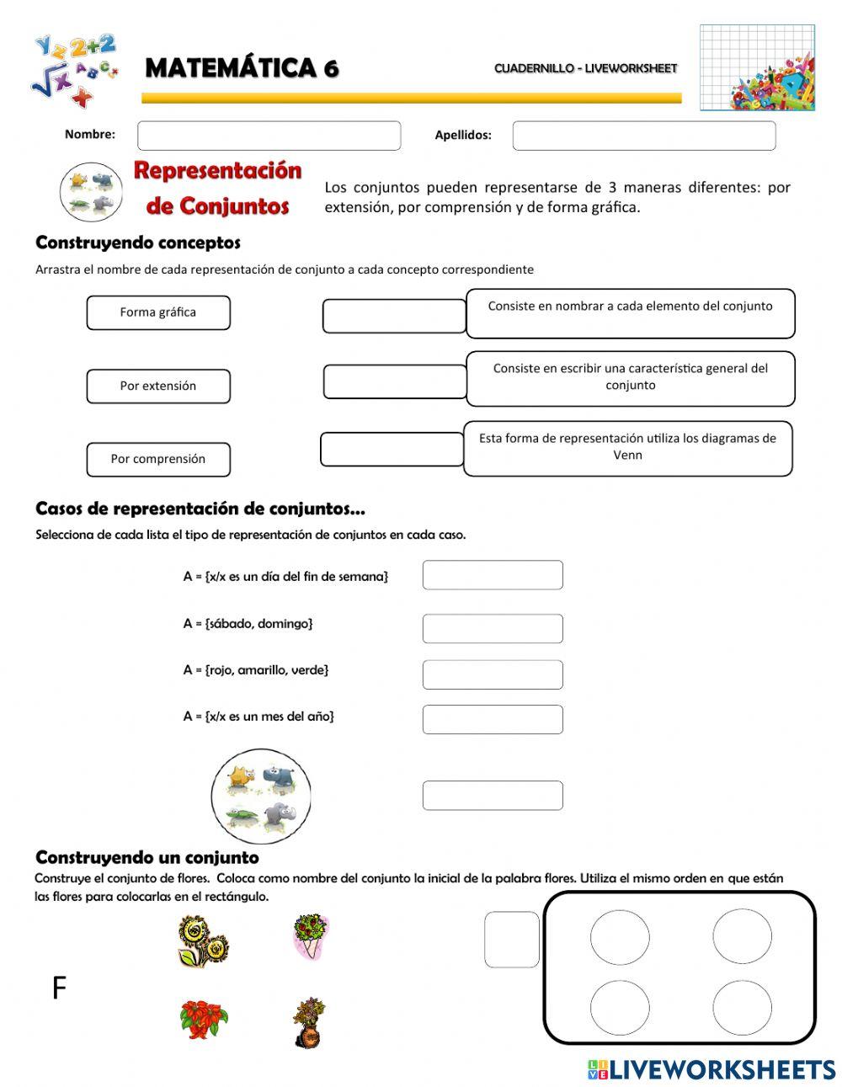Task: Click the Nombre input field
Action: [269, 136]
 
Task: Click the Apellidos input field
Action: [643, 136]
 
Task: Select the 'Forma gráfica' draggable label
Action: [158, 312]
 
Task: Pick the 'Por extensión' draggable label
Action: [158, 386]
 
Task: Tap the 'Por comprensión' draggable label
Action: [158, 460]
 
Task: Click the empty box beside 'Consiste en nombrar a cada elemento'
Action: [394, 316]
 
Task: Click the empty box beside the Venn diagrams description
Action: [392, 450]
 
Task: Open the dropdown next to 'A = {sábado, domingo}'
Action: [492, 628]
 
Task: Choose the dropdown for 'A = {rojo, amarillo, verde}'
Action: [492, 674]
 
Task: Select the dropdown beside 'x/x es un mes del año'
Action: [492, 719]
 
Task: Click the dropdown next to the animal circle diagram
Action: [492, 795]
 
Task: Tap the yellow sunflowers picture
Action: [203, 940]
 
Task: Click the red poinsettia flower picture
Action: [204, 1018]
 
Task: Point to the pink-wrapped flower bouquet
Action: [310, 936]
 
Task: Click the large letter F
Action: [59, 988]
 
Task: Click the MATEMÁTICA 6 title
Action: [242, 68]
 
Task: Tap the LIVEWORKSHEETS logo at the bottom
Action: [711, 1069]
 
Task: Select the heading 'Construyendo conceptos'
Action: [138, 243]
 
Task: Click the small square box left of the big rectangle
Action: [511, 939]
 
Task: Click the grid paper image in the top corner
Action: [757, 67]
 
